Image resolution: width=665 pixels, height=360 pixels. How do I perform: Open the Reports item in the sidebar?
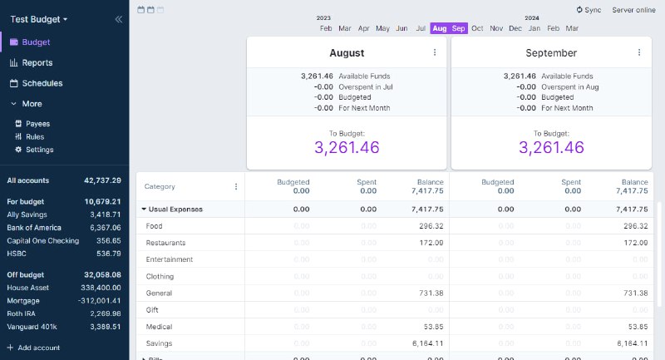[x=37, y=62]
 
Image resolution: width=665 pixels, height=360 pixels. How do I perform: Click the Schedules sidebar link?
[x=42, y=83]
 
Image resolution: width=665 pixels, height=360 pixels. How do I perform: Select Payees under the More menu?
[x=37, y=124]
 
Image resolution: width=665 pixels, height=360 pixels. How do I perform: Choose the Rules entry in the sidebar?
[x=34, y=136]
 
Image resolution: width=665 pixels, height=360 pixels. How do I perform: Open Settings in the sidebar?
[x=39, y=150]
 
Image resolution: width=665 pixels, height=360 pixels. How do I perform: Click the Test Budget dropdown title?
[x=39, y=18]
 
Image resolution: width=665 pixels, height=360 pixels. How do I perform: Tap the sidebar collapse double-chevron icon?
[x=118, y=18]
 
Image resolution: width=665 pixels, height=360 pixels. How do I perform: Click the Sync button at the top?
[x=589, y=10]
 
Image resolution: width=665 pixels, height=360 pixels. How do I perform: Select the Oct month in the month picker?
[x=477, y=28]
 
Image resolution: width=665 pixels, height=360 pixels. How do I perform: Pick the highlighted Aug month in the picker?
[x=440, y=28]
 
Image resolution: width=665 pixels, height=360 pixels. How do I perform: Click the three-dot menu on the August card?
[x=435, y=52]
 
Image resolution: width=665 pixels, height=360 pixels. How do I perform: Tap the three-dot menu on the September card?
[x=639, y=52]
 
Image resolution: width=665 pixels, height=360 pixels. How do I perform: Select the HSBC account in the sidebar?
[x=17, y=254]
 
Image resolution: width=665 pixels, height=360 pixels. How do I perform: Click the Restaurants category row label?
[x=165, y=243]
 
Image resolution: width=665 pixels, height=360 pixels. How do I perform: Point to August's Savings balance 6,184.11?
[x=427, y=343]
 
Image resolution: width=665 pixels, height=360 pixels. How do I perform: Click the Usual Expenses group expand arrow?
[x=144, y=210]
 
